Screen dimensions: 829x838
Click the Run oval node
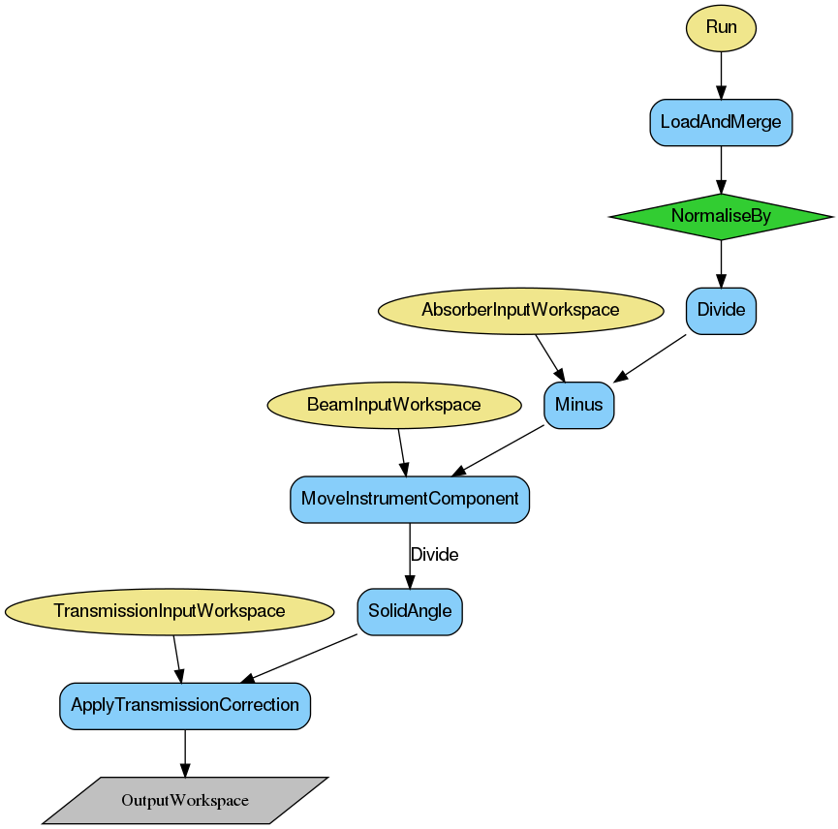(x=721, y=27)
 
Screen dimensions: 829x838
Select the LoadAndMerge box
(x=721, y=122)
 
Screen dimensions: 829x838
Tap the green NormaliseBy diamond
(x=721, y=216)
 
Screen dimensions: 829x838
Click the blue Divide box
(x=721, y=310)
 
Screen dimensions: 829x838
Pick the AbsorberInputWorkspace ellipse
(x=520, y=310)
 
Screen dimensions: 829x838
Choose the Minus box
(x=578, y=405)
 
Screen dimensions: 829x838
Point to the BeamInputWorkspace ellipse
(x=393, y=405)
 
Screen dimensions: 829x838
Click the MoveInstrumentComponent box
(x=410, y=499)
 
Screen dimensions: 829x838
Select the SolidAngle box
(x=410, y=612)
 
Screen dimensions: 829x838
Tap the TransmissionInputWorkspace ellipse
(x=170, y=611)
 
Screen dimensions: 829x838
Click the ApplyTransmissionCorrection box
(x=185, y=705)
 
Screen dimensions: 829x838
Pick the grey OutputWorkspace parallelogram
(x=185, y=801)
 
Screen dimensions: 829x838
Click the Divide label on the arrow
(x=434, y=555)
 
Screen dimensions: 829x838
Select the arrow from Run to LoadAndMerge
(x=721, y=75)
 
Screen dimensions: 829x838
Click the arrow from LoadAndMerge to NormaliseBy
(x=721, y=169)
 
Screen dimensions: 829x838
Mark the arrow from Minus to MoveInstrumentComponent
(x=499, y=450)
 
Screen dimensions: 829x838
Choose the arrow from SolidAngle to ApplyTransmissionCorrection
(x=300, y=658)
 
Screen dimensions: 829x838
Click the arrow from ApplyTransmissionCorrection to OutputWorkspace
(x=185, y=752)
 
